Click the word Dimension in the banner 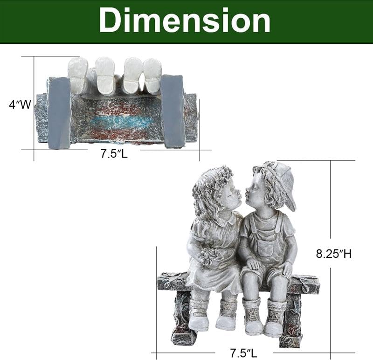coord(185,21)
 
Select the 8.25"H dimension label coord(333,254)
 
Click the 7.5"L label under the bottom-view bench coord(114,153)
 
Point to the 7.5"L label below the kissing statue coord(243,353)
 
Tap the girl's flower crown coord(212,179)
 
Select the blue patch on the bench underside coord(121,121)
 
